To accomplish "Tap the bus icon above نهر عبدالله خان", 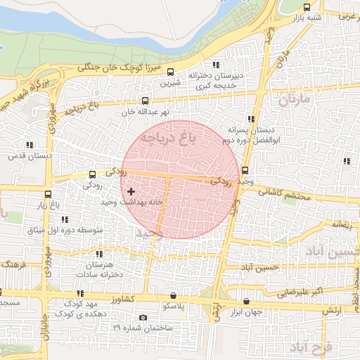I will coord(146,101).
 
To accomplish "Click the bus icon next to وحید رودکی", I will coord(245,170).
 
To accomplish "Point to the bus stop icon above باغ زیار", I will coord(48,194).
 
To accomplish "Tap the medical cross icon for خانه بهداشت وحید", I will coord(131,191).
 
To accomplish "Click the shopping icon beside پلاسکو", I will coord(174,295).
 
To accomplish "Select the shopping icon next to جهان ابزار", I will coord(246,300).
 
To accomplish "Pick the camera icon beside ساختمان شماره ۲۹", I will coord(143,317).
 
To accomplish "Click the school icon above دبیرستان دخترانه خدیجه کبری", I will coord(225,65).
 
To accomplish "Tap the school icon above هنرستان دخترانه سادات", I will coord(98,254).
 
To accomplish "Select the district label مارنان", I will coord(294,100).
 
